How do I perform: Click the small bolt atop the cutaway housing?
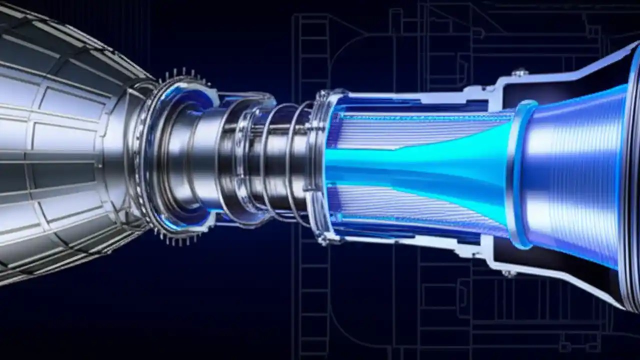pos(520,72)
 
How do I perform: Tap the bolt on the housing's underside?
pos(509,273)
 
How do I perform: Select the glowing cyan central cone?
pos(425,165)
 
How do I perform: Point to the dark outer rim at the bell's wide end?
pos(631,175)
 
